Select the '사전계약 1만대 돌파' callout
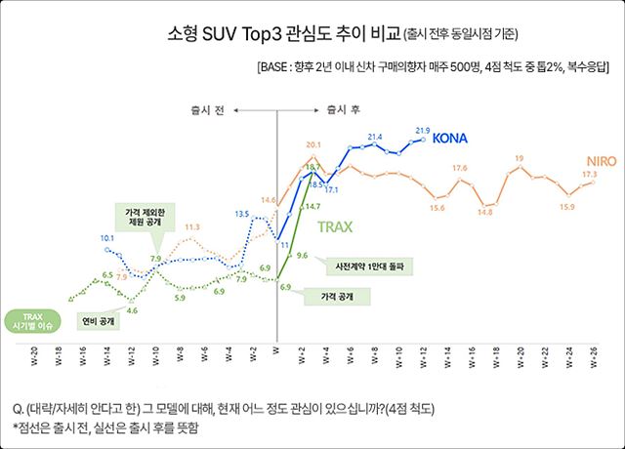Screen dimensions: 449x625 362,264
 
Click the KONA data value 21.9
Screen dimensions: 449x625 423,130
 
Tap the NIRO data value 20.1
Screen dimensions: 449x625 313,144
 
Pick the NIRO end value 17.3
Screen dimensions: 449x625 590,175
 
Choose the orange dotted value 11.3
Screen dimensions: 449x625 192,226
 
